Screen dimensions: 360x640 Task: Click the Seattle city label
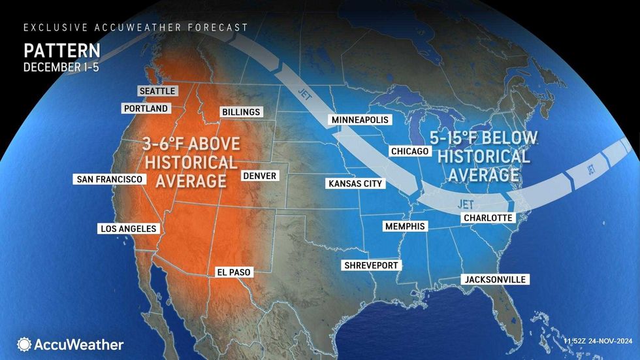[157, 91]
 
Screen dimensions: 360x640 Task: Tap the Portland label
[146, 108]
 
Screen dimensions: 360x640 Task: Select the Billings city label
[240, 112]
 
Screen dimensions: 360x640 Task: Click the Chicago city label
[409, 152]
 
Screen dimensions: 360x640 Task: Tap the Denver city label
[259, 176]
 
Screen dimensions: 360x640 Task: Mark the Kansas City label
[355, 184]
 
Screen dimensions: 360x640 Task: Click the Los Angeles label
[127, 229]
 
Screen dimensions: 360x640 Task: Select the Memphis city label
[404, 226]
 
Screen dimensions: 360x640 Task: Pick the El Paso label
[233, 272]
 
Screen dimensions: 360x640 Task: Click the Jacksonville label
[494, 279]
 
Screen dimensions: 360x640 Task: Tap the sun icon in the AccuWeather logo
[25, 344]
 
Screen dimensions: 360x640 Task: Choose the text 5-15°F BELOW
[483, 138]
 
